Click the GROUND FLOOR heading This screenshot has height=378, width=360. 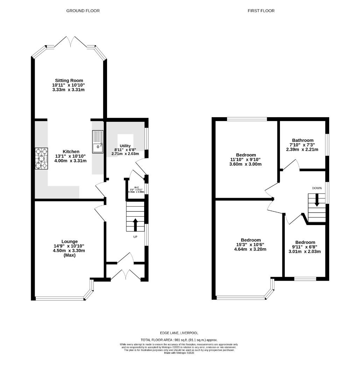click(x=83, y=11)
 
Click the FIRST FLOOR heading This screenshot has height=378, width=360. click(x=261, y=11)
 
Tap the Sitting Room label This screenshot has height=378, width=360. click(x=69, y=80)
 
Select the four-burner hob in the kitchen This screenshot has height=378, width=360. click(x=41, y=159)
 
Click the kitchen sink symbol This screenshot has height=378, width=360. click(x=98, y=142)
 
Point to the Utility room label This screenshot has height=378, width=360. click(x=125, y=146)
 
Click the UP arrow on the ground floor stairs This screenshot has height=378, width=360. click(x=135, y=224)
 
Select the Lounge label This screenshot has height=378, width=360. click(x=70, y=241)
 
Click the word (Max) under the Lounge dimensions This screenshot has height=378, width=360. click(x=70, y=255)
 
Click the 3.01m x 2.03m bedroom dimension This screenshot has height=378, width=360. click(x=305, y=251)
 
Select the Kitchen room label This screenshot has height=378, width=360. click(x=71, y=152)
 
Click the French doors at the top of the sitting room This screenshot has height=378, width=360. click(x=71, y=42)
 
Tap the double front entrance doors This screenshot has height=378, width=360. click(x=126, y=274)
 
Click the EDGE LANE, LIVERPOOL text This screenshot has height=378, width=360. click(x=179, y=333)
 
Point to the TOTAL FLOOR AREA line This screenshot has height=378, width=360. click(x=179, y=340)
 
